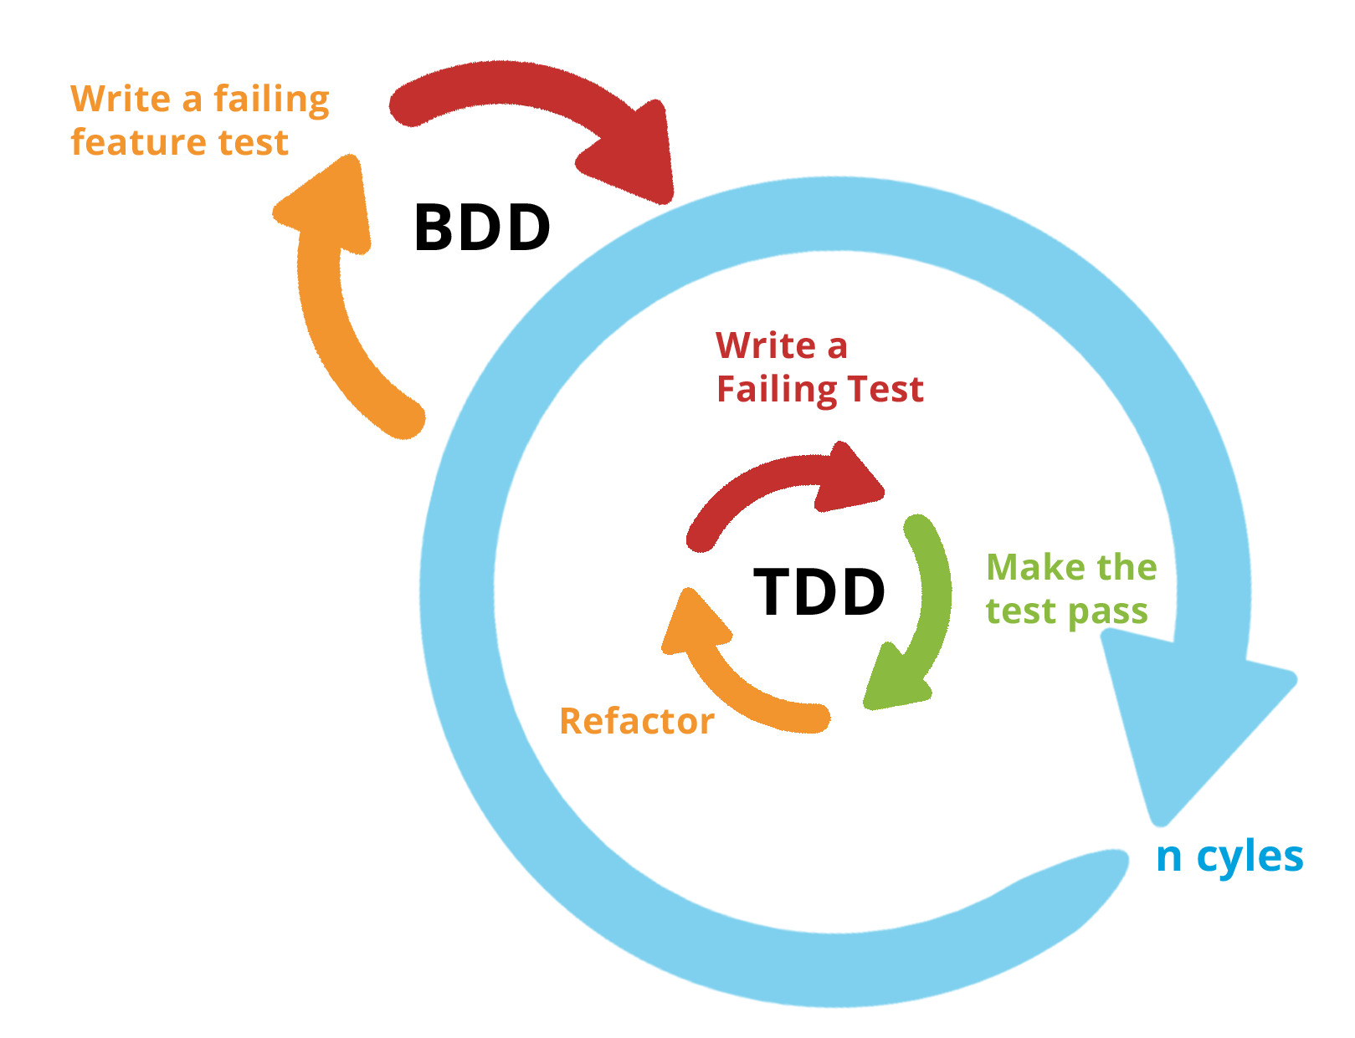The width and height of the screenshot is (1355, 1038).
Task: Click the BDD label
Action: tap(484, 227)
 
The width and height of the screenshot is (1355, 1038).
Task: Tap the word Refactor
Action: tap(636, 721)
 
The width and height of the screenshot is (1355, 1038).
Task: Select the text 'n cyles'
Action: tap(1229, 857)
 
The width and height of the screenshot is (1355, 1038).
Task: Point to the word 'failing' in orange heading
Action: tap(270, 100)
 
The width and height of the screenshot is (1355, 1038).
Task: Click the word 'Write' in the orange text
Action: tap(121, 99)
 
